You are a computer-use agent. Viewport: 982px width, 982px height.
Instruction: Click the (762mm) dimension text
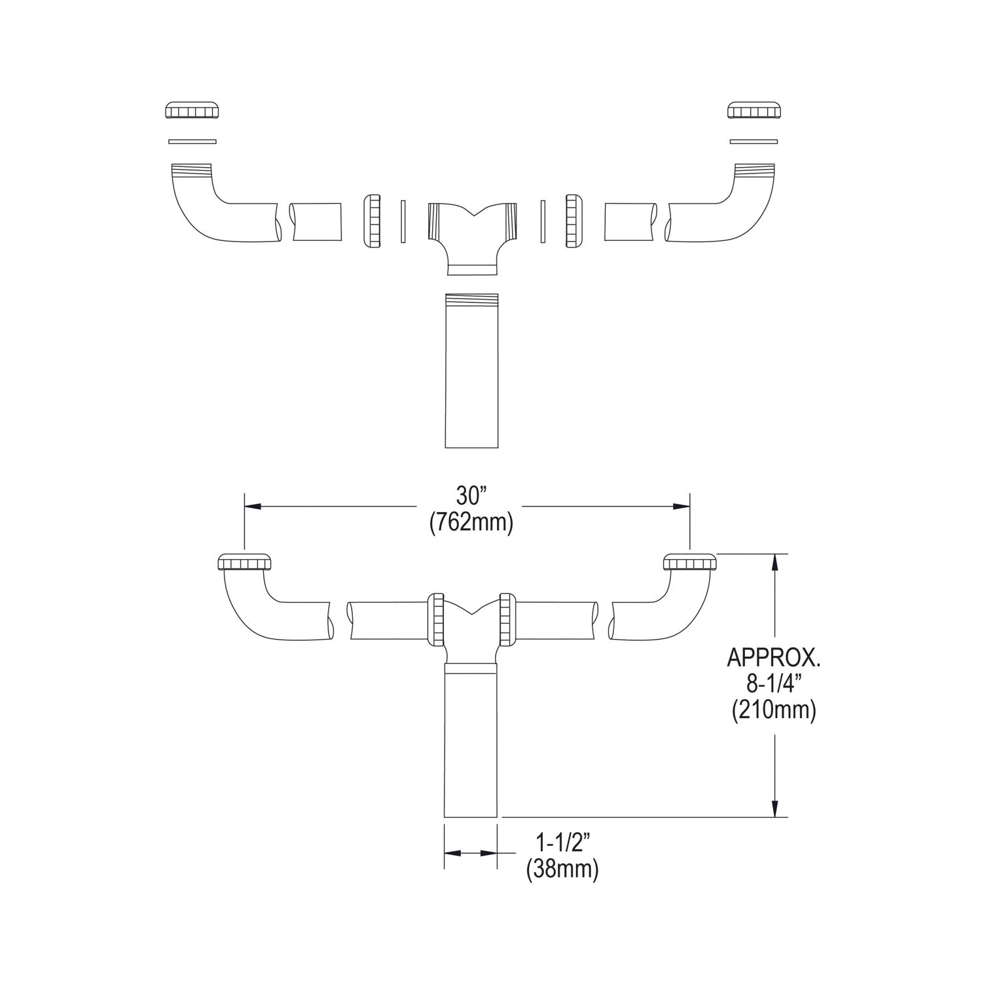[471, 523]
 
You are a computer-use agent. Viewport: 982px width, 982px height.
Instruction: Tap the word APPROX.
[773, 657]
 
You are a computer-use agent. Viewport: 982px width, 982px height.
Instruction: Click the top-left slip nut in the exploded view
[192, 111]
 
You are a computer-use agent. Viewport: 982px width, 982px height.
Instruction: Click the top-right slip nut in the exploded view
[754, 111]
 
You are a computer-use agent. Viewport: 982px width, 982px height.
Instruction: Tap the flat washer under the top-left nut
[192, 141]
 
